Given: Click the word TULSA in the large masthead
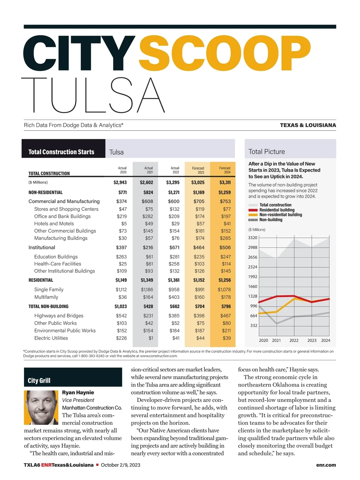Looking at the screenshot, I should [x=93, y=95].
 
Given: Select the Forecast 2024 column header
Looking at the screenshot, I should [x=225, y=170].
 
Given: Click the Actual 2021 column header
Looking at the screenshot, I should [x=148, y=170].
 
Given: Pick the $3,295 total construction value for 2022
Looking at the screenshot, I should [x=173, y=182].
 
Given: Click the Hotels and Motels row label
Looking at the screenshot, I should [x=54, y=223].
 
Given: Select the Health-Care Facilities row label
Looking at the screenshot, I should [x=58, y=264].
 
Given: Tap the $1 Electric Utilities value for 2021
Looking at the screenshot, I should [x=151, y=338].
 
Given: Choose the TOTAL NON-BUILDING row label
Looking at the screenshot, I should [x=48, y=306].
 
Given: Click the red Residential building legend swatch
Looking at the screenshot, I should [x=253, y=210].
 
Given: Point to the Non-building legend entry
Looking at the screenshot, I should [x=271, y=220].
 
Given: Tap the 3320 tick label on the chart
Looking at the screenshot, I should [x=253, y=238].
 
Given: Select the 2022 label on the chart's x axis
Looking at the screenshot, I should [x=294, y=340].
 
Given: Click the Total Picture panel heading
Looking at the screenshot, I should [x=267, y=151].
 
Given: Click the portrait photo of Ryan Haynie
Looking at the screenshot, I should [x=41, y=407].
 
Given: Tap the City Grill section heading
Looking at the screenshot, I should [x=39, y=380].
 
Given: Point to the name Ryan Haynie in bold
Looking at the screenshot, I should [x=78, y=392].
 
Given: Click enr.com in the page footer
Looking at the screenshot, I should [x=326, y=465].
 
